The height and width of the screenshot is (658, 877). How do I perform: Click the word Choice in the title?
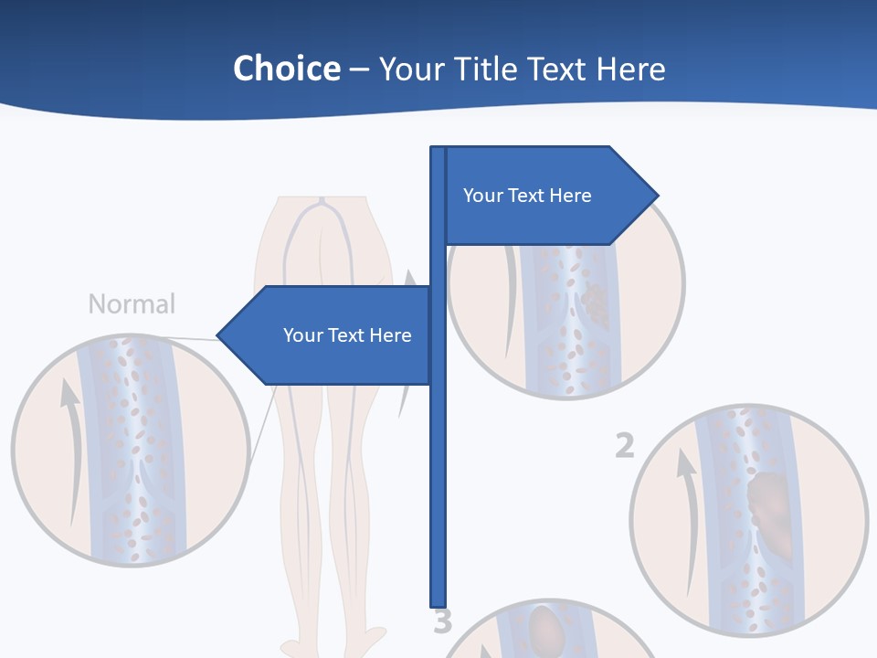[286, 69]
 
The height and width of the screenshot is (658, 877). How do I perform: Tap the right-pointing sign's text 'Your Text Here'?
[527, 196]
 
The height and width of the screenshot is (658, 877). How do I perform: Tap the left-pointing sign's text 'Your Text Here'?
[347, 335]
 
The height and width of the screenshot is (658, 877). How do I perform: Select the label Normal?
[132, 304]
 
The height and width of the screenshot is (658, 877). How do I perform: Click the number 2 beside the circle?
[624, 446]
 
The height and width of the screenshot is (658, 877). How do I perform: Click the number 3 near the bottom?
[442, 621]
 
